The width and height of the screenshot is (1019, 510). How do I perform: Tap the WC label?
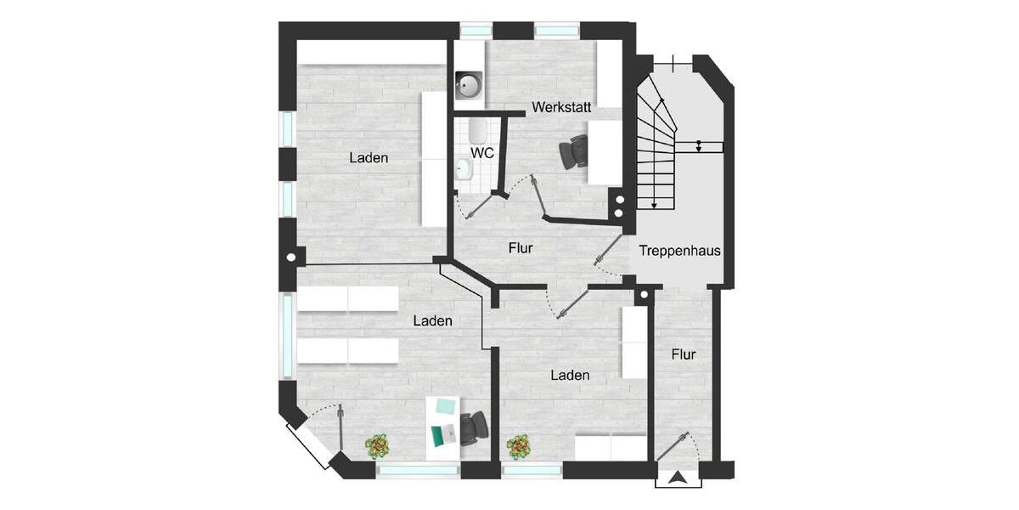click(482, 153)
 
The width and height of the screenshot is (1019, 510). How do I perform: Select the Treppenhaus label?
click(679, 251)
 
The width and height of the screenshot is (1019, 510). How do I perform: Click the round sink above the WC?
click(469, 84)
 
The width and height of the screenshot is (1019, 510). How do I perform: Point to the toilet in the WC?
click(477, 130)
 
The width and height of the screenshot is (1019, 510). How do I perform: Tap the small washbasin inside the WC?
click(464, 170)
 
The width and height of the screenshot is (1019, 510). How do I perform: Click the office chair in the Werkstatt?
click(573, 153)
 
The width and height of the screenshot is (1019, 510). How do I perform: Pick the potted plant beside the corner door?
click(377, 445)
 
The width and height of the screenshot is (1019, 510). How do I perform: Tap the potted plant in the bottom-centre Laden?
click(518, 445)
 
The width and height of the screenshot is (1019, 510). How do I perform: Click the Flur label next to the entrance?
click(683, 354)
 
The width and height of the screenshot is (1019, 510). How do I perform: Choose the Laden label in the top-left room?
click(369, 158)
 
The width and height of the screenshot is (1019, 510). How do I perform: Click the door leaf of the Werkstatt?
click(538, 197)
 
